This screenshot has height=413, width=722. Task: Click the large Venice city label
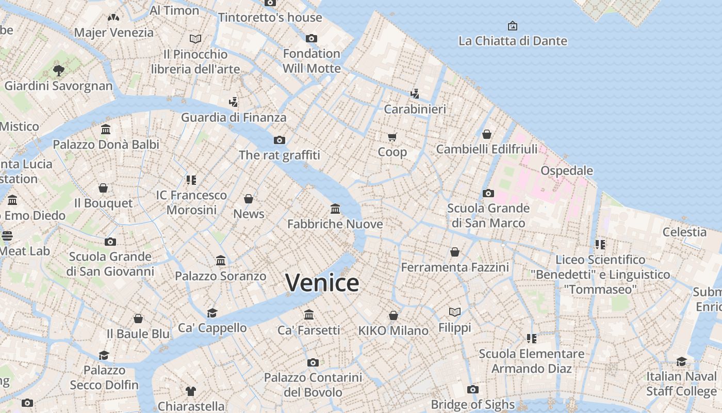322,283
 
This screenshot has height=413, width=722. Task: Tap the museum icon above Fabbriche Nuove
335,209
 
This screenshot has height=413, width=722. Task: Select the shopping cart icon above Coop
392,137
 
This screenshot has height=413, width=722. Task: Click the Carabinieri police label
415,109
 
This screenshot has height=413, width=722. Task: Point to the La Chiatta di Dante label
512,41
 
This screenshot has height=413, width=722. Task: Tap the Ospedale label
566,170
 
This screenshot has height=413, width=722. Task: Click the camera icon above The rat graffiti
280,140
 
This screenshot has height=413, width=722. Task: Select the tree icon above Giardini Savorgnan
58,70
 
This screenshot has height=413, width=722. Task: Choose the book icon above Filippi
454,312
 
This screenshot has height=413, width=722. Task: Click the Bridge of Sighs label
472,404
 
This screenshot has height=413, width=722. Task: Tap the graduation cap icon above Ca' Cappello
212,313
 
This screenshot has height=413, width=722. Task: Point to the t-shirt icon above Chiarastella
191,391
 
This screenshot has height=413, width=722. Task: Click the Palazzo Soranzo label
220,276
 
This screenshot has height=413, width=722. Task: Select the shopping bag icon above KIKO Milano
393,315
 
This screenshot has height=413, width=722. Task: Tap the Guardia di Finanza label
233,118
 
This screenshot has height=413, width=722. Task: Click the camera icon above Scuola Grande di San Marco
488,194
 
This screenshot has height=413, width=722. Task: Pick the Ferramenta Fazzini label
455,267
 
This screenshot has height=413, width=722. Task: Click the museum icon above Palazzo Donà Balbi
106,129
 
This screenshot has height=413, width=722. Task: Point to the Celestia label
684,232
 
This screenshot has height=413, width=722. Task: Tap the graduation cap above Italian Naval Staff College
681,361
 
